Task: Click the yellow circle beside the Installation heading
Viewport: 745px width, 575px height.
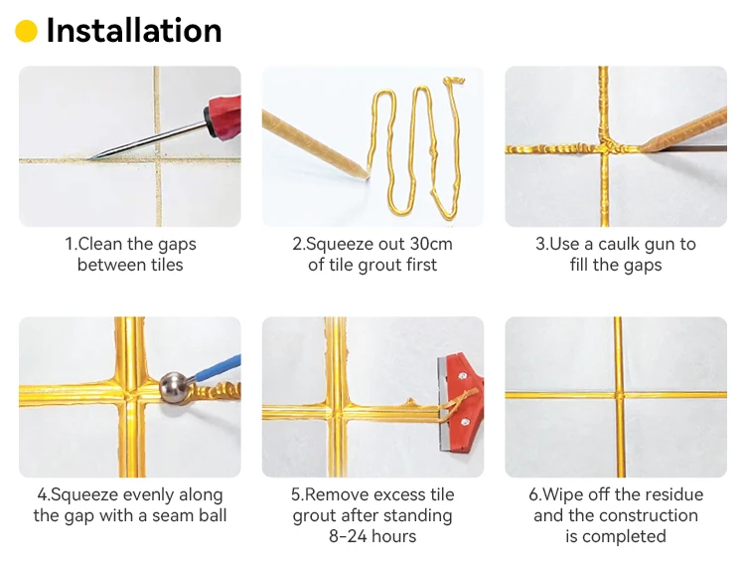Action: [26, 32]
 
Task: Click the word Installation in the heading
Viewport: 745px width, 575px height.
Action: [133, 31]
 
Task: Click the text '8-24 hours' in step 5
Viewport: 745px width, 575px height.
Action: [372, 536]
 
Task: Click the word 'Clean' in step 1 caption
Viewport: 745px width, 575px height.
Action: [101, 244]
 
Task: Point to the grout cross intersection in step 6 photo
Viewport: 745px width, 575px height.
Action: [617, 395]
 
